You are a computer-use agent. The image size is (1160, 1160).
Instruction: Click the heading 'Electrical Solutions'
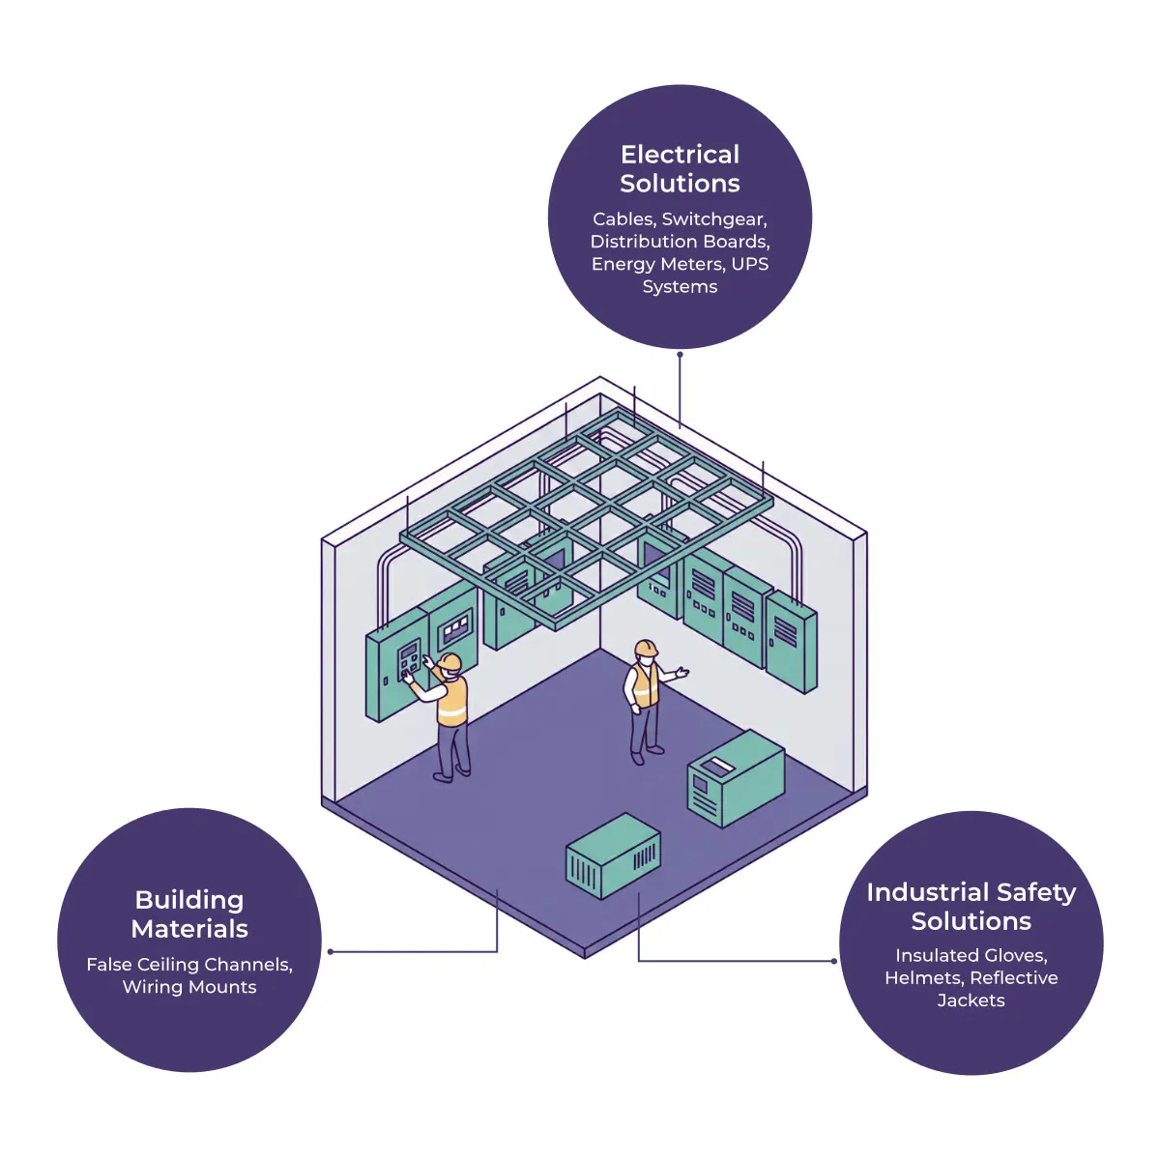(680, 169)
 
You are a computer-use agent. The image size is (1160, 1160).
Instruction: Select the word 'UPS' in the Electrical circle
(750, 264)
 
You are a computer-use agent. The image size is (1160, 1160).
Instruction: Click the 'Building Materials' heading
(189, 914)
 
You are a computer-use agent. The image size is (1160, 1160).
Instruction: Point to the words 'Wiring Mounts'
(189, 987)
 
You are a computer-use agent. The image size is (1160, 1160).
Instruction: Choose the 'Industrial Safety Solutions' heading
(971, 907)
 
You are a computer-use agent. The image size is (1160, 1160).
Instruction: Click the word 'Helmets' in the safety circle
(923, 977)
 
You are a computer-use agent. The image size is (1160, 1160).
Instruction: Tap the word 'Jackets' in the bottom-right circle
(971, 1000)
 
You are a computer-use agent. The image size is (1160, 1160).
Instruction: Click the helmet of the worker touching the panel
(449, 661)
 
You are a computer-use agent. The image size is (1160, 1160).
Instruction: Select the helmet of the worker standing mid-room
(646, 647)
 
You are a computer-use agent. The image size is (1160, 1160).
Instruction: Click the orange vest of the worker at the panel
(451, 701)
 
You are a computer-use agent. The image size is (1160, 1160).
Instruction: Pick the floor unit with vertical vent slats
(613, 856)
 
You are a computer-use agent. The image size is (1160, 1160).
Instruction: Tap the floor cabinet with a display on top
(736, 777)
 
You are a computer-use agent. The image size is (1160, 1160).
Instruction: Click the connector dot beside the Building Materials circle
(331, 952)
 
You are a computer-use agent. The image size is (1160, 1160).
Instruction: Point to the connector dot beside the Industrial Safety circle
(834, 961)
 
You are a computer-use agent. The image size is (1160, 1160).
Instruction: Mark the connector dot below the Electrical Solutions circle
(680, 355)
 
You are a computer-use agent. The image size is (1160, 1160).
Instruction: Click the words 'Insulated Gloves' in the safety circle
(971, 955)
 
